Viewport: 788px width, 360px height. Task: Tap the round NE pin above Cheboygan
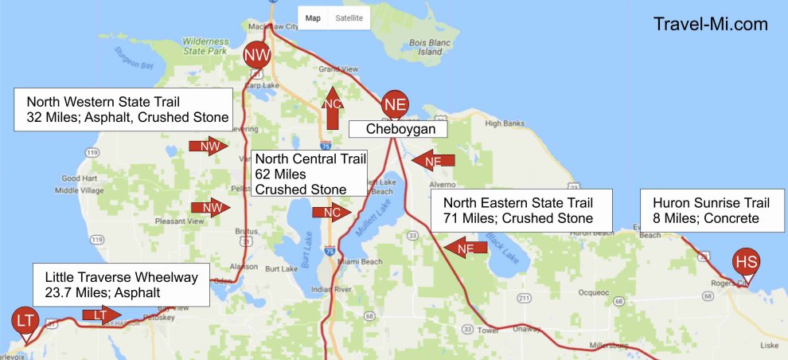396,104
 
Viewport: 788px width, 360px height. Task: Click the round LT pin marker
25,321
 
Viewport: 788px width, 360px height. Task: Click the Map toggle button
313,18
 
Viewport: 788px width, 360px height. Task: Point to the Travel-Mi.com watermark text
710,24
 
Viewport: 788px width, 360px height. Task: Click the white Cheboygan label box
396,128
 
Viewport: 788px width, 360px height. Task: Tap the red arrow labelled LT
102,315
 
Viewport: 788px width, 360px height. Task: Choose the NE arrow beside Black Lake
466,248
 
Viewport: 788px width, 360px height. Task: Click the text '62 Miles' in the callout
279,174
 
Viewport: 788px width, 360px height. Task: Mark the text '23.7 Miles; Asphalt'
103,293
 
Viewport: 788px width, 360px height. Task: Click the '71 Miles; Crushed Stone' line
517,218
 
